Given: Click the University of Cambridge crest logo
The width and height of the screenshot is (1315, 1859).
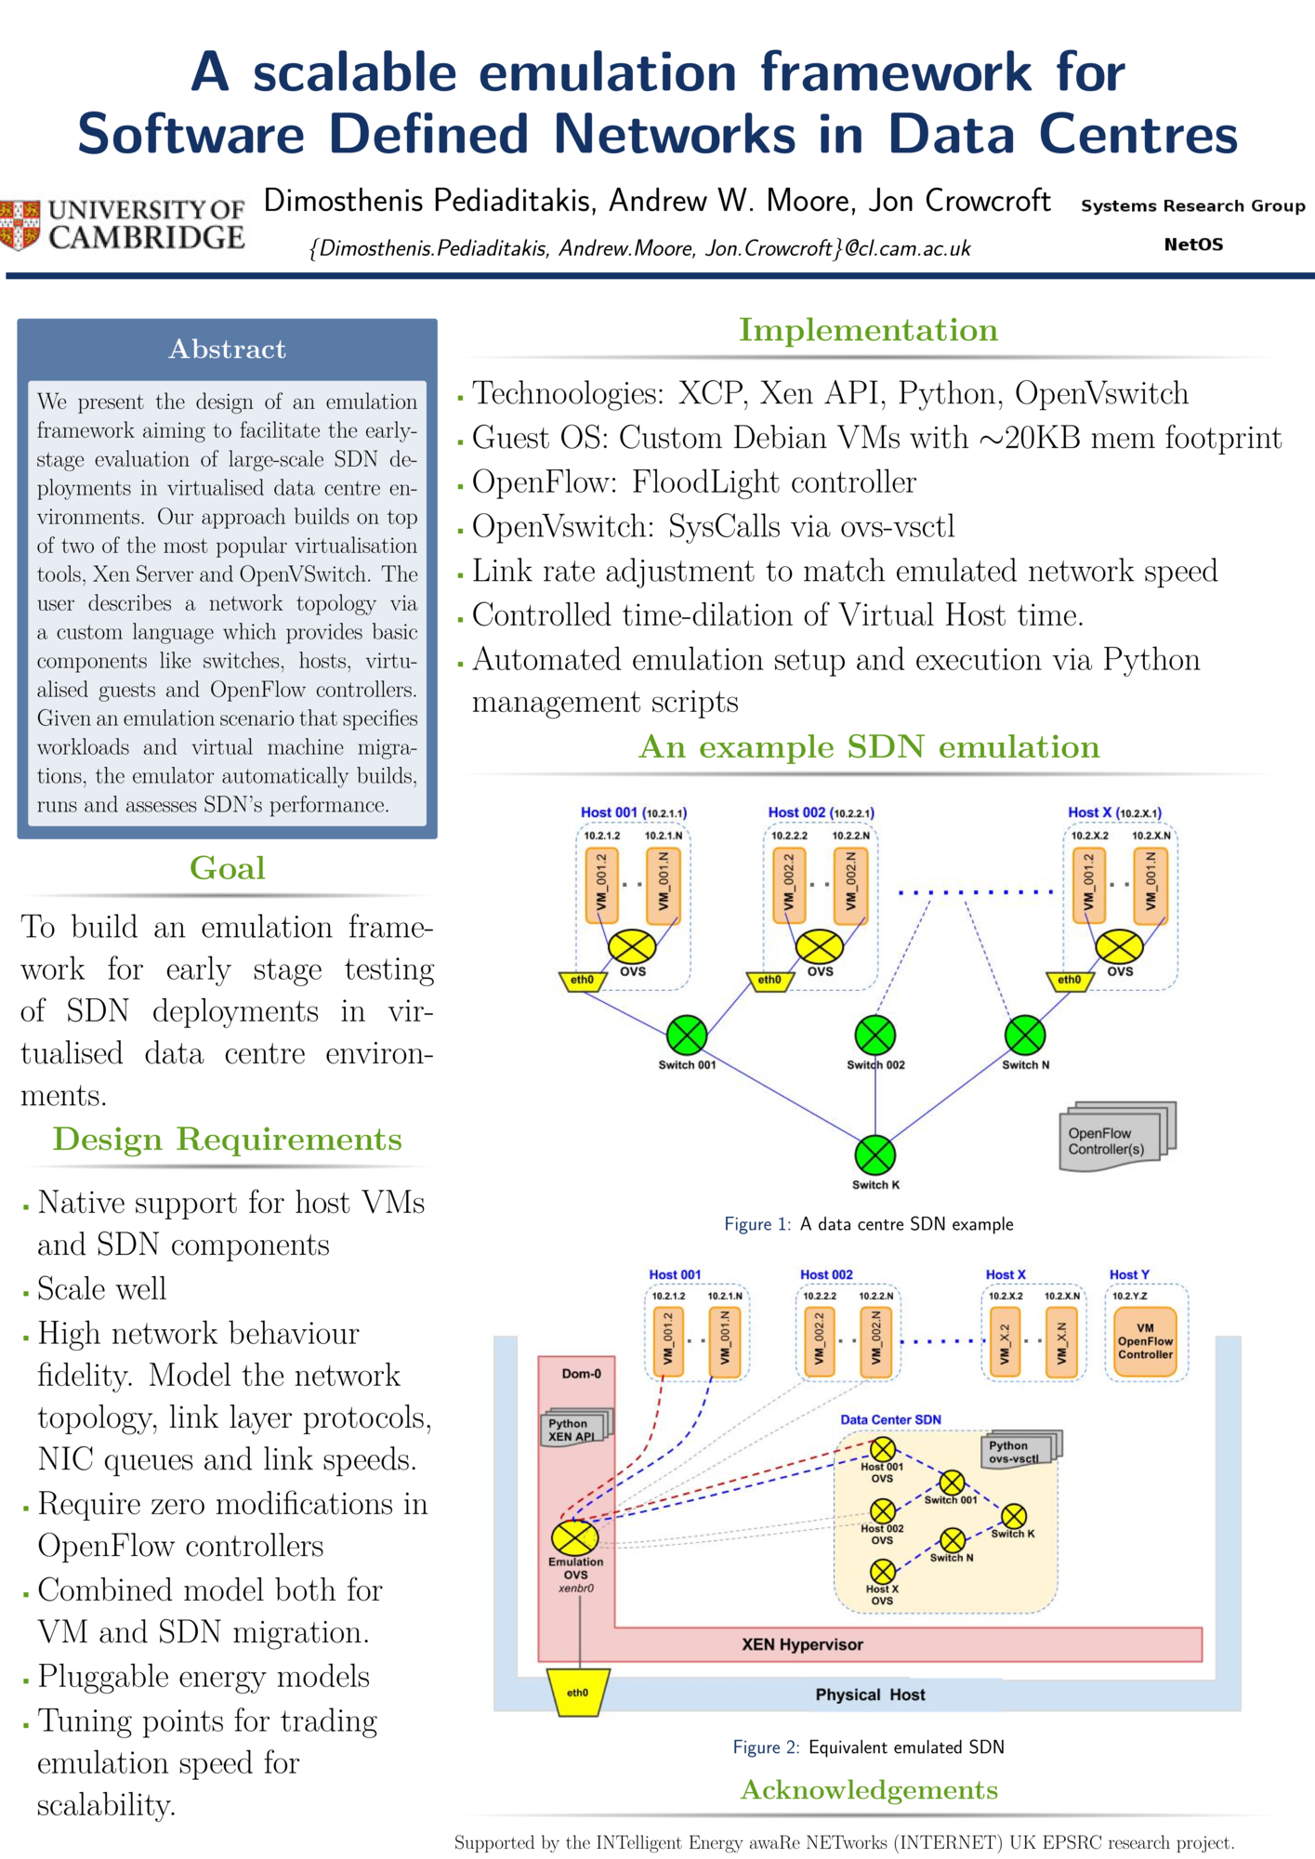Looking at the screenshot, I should tap(20, 224).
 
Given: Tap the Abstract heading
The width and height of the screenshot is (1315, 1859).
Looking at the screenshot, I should tap(227, 349).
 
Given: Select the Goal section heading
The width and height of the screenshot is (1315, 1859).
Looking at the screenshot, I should tap(227, 868).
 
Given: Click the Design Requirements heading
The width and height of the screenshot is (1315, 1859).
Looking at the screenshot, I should tap(227, 1140).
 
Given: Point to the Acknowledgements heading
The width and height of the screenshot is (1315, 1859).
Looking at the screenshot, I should tap(869, 1790).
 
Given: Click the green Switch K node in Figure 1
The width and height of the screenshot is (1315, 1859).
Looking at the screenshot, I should tap(874, 1155).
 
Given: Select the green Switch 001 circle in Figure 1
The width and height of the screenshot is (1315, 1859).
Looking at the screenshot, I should tap(687, 1035).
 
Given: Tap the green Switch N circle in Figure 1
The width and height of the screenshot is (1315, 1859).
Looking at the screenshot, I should tap(1025, 1035).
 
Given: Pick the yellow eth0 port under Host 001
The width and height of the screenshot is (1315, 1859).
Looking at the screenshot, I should tap(582, 981).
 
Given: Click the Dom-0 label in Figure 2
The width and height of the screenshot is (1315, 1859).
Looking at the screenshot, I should tap(582, 1374).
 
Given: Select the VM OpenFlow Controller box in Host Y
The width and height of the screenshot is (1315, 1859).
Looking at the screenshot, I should tap(1145, 1341).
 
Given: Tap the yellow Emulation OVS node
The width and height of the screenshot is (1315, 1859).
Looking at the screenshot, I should tap(575, 1537).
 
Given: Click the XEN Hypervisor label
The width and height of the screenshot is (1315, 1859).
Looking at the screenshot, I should tap(802, 1644).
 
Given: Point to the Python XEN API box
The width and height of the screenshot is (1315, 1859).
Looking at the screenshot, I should tap(573, 1430).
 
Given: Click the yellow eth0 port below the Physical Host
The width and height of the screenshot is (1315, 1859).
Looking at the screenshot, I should tap(577, 1693).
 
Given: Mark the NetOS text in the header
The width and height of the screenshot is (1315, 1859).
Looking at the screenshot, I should tap(1193, 244).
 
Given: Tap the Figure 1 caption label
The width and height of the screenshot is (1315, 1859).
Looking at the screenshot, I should tap(756, 1224).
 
